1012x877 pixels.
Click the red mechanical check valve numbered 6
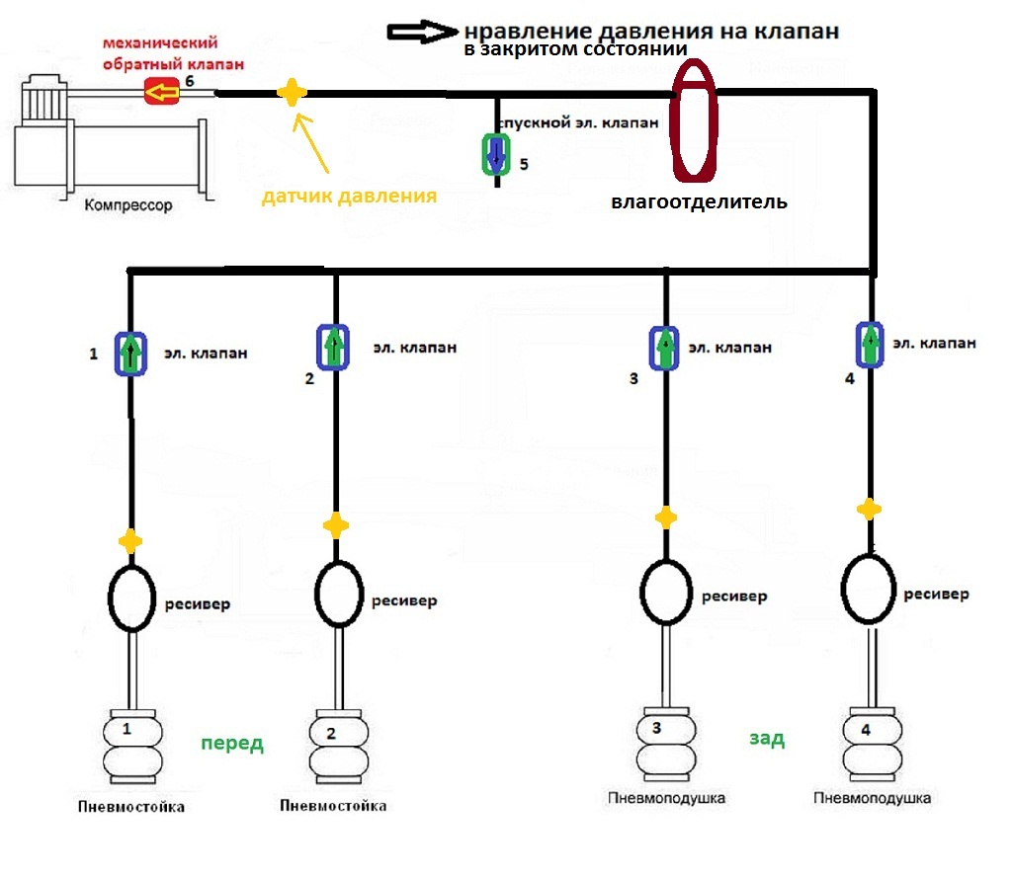point(161,91)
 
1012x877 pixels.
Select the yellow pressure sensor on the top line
point(292,92)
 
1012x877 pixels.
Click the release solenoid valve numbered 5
point(496,154)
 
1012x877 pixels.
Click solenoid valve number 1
point(131,354)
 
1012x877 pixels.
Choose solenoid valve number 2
point(333,347)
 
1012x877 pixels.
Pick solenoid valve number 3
point(664,349)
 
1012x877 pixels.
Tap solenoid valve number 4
point(870,345)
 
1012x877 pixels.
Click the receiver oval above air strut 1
point(110,598)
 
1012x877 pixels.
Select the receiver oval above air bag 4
point(843,589)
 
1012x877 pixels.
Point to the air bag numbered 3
point(666,745)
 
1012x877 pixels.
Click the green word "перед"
point(232,744)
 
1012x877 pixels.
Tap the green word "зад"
point(767,738)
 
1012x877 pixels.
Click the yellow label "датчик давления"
point(349,196)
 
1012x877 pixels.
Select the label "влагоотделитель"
point(699,201)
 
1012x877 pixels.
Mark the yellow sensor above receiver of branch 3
point(666,518)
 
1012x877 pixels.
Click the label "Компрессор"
point(128,205)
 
